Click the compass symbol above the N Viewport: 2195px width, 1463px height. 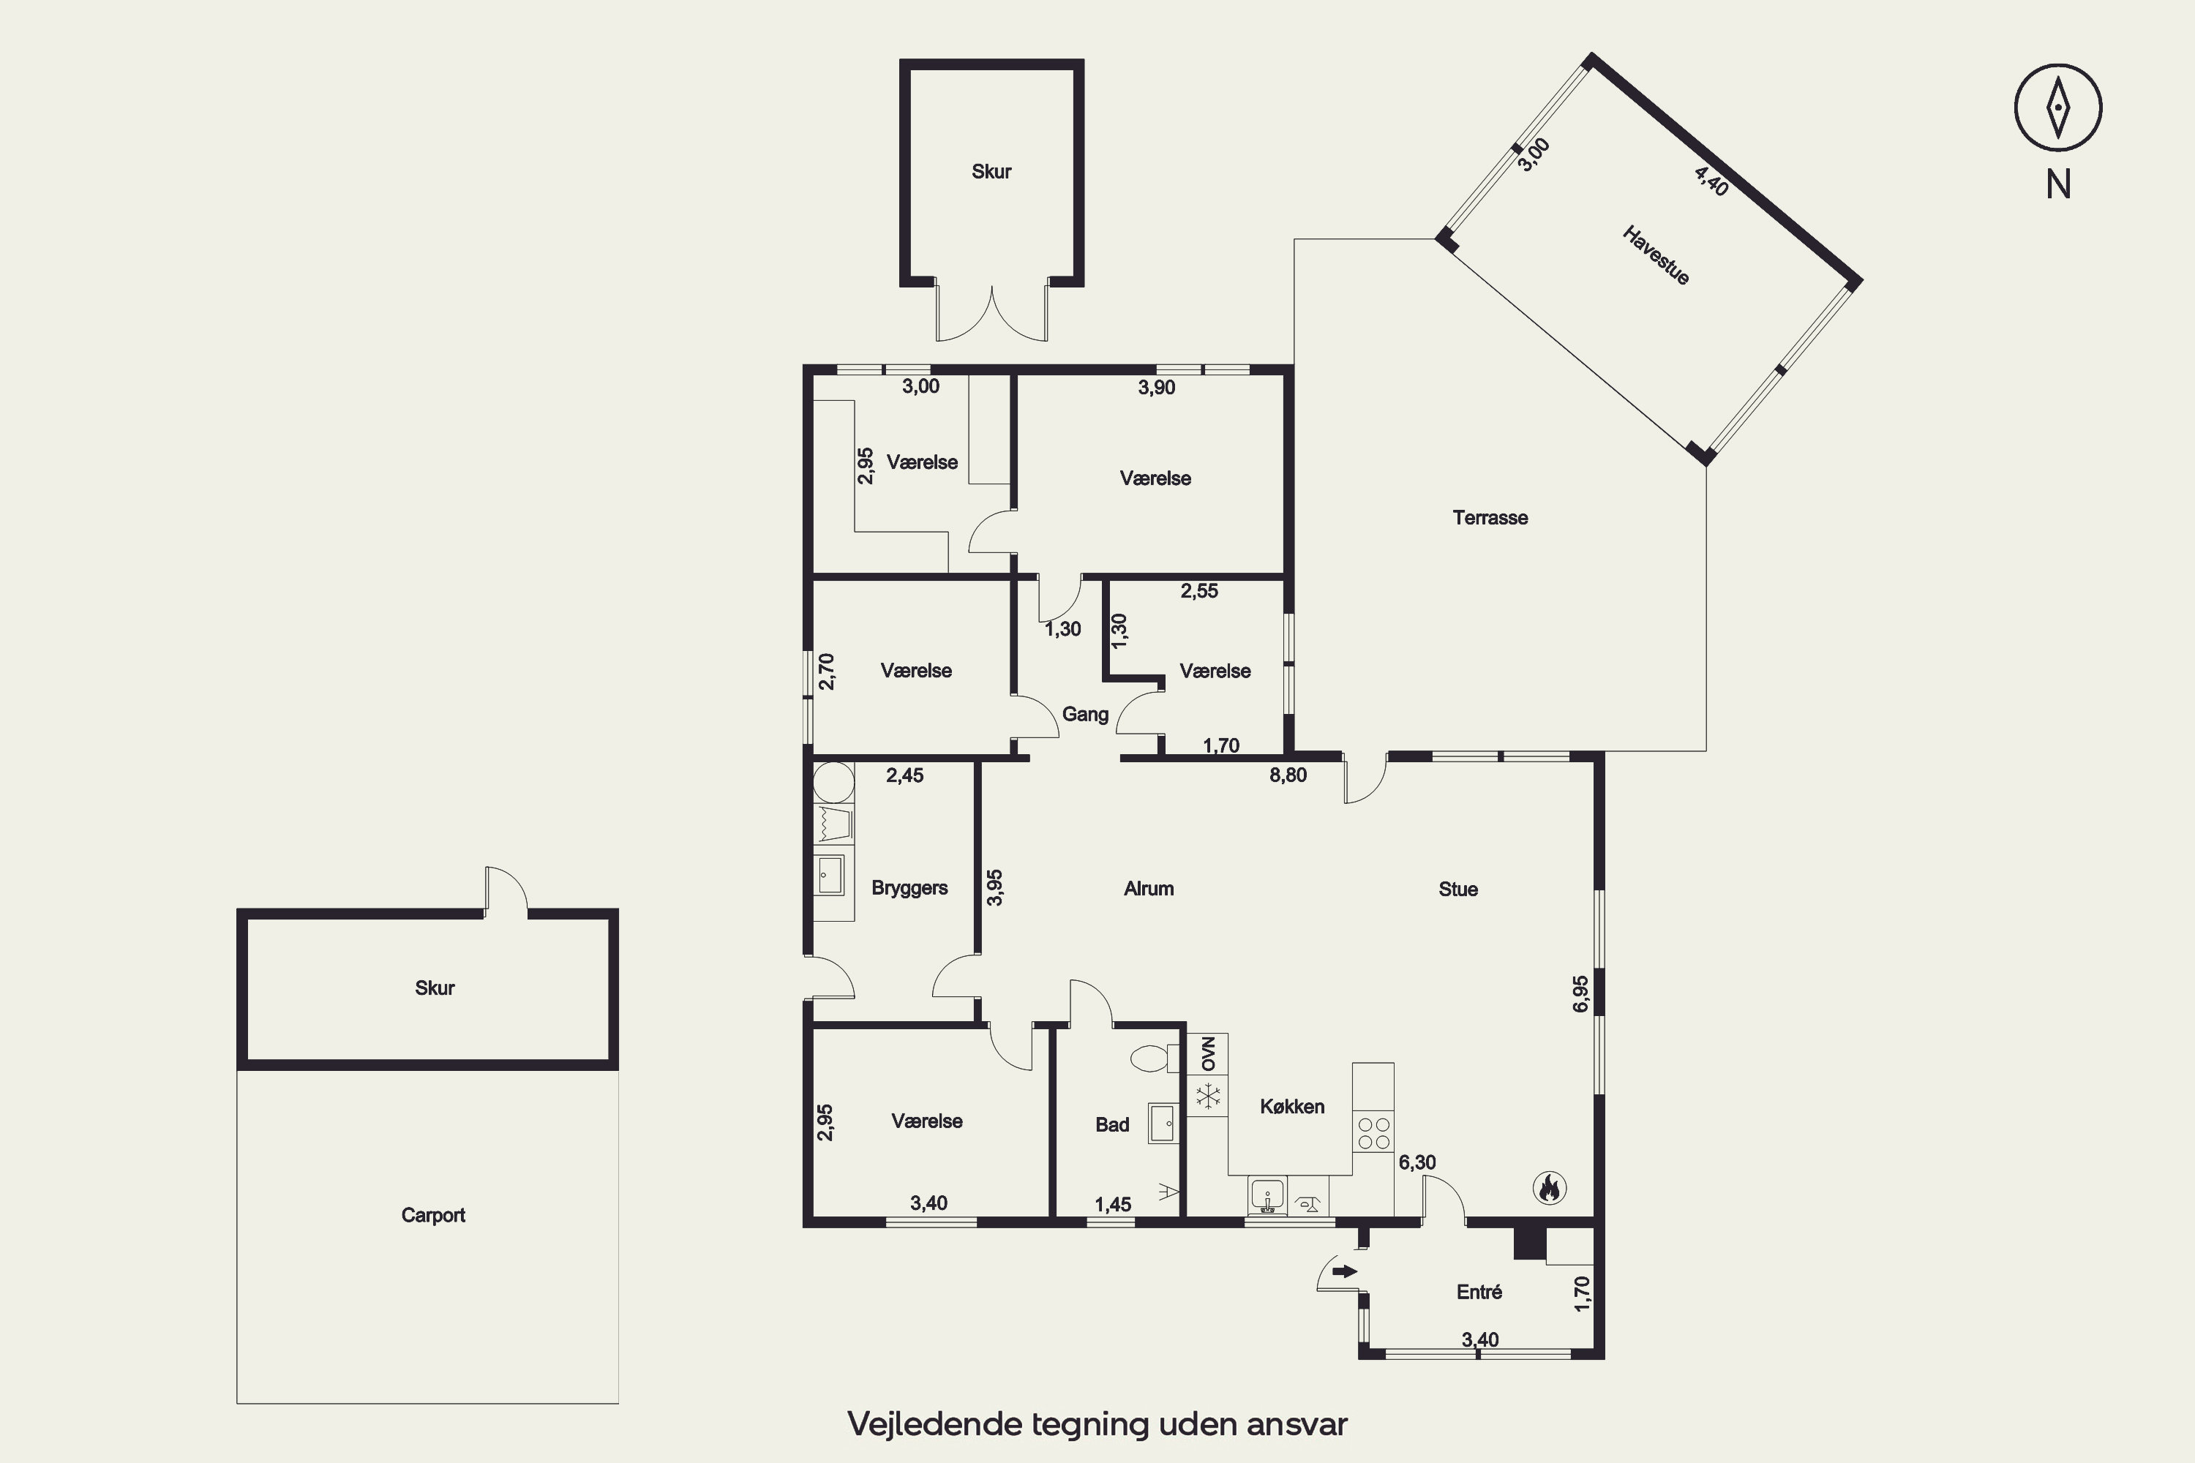2057,108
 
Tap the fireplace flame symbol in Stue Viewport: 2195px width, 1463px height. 1549,1188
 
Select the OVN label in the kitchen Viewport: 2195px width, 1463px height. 1209,1053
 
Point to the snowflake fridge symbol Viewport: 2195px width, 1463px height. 1209,1097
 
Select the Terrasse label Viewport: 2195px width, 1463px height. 1490,518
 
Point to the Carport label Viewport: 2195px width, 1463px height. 433,1215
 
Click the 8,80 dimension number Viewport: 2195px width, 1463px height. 1288,775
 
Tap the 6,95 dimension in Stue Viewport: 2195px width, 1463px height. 1580,993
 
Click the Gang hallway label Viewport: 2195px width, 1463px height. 1085,715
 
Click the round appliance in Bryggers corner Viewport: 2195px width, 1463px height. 833,783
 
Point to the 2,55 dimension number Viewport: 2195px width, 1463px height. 1199,590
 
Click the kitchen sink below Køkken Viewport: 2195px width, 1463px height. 1267,1195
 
